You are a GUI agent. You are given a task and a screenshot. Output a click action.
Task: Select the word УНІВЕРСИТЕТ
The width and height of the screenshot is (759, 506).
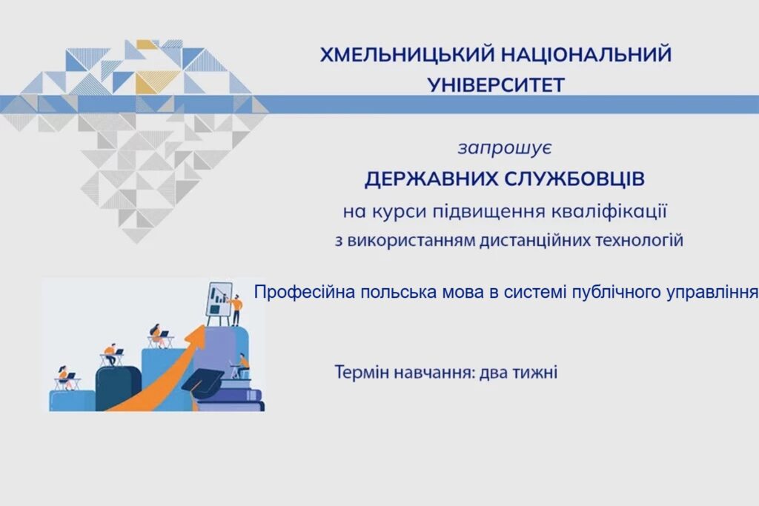point(496,86)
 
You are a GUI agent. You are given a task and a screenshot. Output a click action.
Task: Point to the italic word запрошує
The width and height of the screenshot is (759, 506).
point(505,148)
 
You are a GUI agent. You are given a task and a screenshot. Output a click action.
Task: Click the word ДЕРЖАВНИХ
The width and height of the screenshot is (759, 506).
point(431,179)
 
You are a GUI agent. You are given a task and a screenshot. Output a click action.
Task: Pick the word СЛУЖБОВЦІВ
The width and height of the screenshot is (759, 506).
point(574,179)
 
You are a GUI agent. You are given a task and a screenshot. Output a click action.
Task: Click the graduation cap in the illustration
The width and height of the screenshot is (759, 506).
point(203,382)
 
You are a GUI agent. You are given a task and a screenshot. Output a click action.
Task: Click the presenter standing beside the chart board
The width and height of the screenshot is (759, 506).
point(236,310)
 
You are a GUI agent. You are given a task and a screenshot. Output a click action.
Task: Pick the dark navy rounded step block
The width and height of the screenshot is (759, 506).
point(118,388)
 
